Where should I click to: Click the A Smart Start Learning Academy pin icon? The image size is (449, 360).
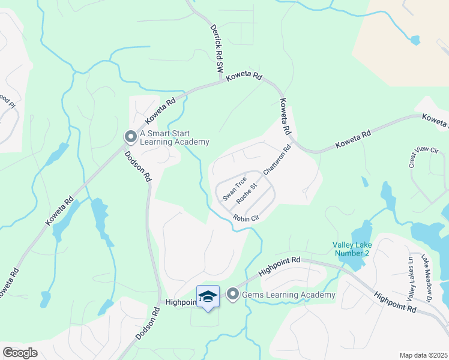[x=130, y=137]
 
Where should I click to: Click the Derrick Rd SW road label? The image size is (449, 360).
[x=216, y=50]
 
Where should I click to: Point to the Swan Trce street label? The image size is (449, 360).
[x=234, y=188]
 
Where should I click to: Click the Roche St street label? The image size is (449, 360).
[x=247, y=193]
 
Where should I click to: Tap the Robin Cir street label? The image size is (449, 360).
[x=246, y=218]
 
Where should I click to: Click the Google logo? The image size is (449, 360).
[x=20, y=352]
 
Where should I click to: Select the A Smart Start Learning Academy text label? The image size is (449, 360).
[x=174, y=138]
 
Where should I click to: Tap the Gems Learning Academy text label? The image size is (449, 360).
[x=288, y=295]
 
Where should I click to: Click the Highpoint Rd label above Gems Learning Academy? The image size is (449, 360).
[x=279, y=267]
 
